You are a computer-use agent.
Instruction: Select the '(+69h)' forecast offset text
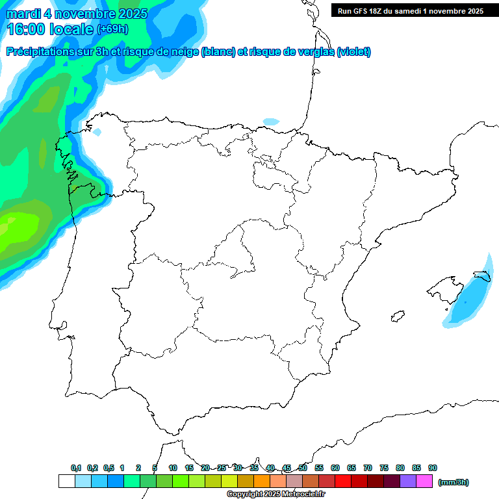pyautogui.click(x=112, y=29)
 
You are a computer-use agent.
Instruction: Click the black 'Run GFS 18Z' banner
pyautogui.click(x=411, y=10)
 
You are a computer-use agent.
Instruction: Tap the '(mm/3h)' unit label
pyautogui.click(x=454, y=482)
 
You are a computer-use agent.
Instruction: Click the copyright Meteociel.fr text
pyautogui.click(x=275, y=494)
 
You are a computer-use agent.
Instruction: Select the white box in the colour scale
pyautogui.click(x=66, y=481)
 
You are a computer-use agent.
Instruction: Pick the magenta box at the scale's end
pyautogui.click(x=424, y=481)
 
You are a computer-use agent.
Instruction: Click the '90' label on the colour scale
pyautogui.click(x=433, y=468)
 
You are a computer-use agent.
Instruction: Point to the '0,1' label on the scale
pyautogui.click(x=76, y=468)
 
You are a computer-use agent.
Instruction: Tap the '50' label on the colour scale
pyautogui.click(x=303, y=468)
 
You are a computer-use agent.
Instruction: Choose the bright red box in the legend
pyautogui.click(x=343, y=481)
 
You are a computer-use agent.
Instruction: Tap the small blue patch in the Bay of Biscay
pyautogui.click(x=271, y=122)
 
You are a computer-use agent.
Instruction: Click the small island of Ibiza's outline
pyautogui.click(x=397, y=317)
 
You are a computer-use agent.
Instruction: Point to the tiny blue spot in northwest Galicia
pyautogui.click(x=97, y=132)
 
